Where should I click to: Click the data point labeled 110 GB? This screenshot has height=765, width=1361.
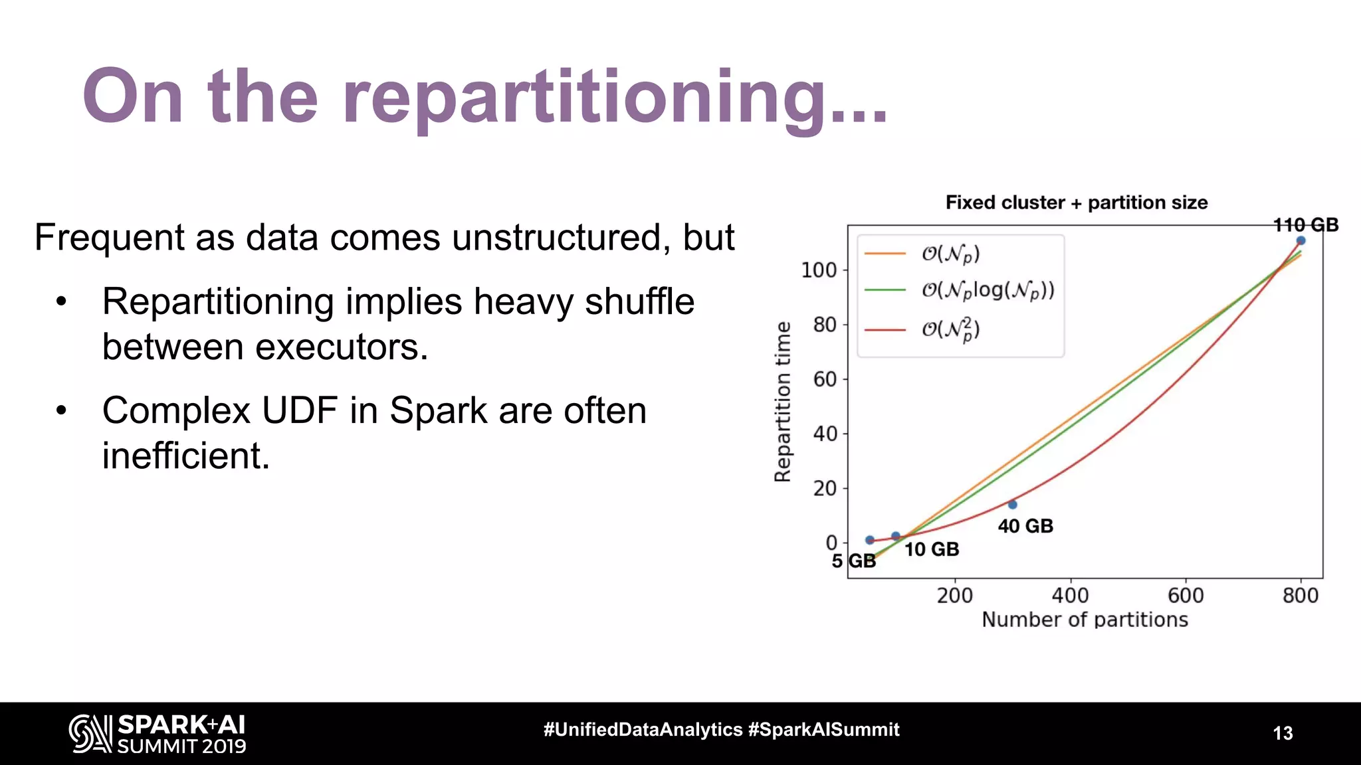[1301, 240]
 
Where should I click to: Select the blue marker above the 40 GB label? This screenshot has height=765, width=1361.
[1012, 505]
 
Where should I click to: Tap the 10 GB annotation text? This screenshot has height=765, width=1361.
[931, 549]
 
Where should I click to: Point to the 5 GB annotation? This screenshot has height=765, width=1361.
[853, 561]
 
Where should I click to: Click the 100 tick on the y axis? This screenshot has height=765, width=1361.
[818, 270]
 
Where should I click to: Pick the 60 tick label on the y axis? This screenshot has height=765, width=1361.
[824, 379]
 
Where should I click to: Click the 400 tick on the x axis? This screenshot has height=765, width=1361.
[1070, 595]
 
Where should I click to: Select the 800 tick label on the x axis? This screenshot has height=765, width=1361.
[1300, 595]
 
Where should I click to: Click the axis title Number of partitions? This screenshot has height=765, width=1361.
[1085, 620]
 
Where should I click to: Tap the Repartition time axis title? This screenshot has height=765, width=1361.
[783, 402]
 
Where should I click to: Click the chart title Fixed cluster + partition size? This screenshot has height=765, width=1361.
[1077, 203]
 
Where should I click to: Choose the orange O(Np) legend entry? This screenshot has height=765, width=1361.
[950, 254]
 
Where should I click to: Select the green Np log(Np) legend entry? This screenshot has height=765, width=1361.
[987, 290]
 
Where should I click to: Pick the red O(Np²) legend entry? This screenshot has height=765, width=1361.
[950, 329]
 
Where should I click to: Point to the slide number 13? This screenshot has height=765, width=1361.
[1283, 733]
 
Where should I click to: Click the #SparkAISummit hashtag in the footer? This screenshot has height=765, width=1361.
[823, 729]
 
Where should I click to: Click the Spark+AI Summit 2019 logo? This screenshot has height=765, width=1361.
[157, 734]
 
